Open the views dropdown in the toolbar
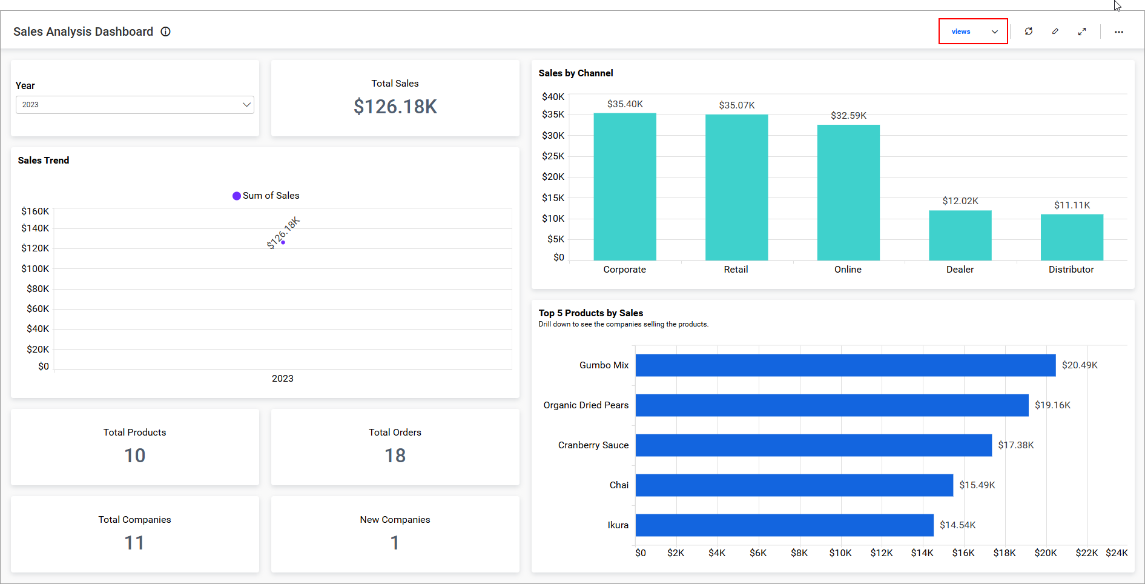point(972,32)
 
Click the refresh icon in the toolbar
point(1028,32)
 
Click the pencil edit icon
point(1055,32)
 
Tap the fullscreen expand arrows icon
point(1081,32)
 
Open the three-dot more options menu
point(1118,32)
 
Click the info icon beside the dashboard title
point(165,32)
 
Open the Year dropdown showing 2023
point(134,105)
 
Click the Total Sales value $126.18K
point(395,107)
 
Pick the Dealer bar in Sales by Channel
point(960,236)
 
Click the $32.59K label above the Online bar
point(848,116)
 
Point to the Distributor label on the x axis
point(1071,270)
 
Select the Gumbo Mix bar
point(845,365)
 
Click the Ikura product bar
point(784,525)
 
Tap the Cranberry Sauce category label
point(593,445)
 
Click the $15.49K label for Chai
point(977,485)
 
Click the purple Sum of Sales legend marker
point(237,196)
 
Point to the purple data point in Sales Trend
point(283,242)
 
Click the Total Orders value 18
point(395,456)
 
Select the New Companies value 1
point(395,543)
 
